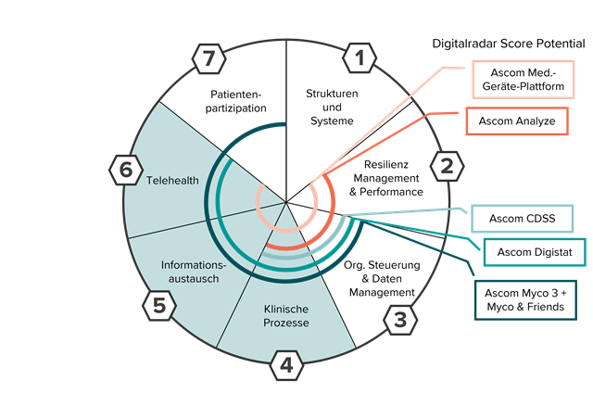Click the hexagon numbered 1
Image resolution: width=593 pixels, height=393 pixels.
point(360,60)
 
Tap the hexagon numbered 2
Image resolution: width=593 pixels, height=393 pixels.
point(447,167)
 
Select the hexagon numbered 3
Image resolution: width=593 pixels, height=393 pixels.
point(399,321)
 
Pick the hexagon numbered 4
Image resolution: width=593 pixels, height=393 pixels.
point(287,366)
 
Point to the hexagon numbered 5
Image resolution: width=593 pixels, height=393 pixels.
point(158,305)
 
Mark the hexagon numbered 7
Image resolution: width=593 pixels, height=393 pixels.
point(210,60)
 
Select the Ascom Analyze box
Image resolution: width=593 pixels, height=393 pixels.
point(517,121)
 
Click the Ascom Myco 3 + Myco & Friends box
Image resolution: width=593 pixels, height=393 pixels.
point(524,298)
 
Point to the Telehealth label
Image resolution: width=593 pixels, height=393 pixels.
point(172,180)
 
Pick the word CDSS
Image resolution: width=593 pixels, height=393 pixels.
point(538,220)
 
